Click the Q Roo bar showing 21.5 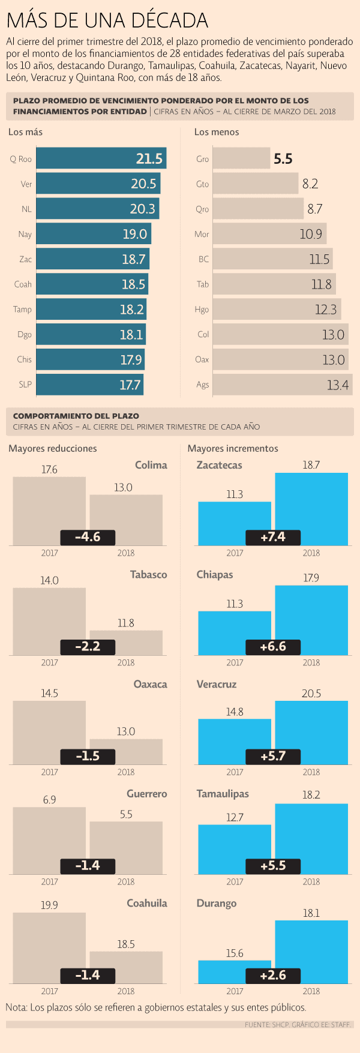[x=101, y=159]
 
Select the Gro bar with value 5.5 [x=241, y=159]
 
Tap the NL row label [x=26, y=209]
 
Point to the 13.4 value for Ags [x=337, y=385]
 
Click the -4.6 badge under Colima [x=88, y=537]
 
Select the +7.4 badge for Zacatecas [x=273, y=537]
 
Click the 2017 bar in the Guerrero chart [x=49, y=837]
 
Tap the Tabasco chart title [x=148, y=575]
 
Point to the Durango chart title [x=216, y=904]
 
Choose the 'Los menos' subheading [x=217, y=132]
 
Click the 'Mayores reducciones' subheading [x=52, y=449]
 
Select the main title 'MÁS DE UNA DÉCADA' [x=107, y=21]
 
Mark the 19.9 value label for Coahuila [x=49, y=905]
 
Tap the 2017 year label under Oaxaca [x=49, y=772]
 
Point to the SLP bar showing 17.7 [x=90, y=385]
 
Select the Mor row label [x=202, y=235]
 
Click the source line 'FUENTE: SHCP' [x=298, y=1025]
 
